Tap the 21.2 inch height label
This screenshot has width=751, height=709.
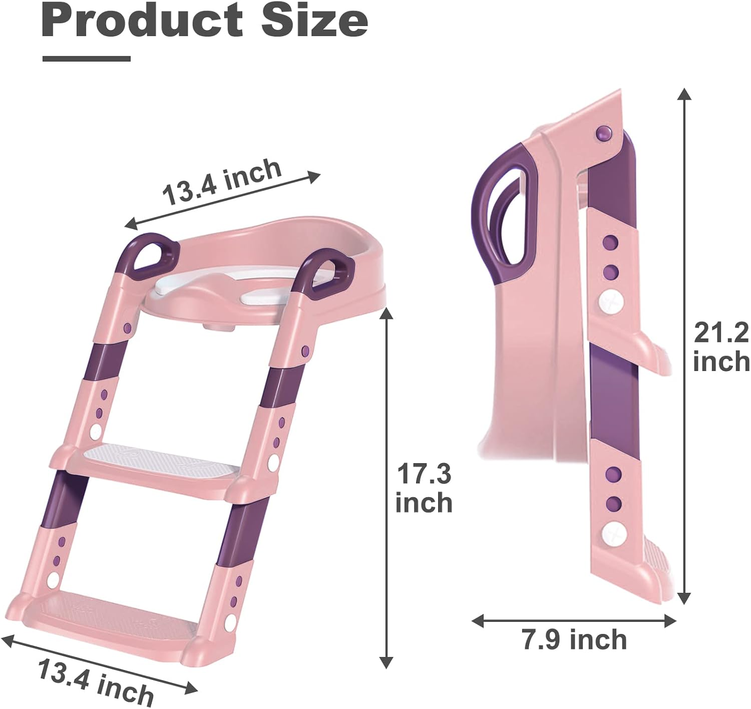pyautogui.click(x=721, y=347)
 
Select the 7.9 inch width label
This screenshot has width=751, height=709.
pyautogui.click(x=574, y=640)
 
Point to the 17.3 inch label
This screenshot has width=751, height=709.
pyautogui.click(x=424, y=489)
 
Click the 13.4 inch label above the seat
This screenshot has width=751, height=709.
pyautogui.click(x=222, y=181)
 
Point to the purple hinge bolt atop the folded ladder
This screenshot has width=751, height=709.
pyautogui.click(x=603, y=134)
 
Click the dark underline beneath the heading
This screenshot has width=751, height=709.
pyautogui.click(x=87, y=59)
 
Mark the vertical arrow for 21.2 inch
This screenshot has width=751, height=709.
pyautogui.click(x=684, y=345)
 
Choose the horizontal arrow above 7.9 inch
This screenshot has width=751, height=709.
pyautogui.click(x=574, y=621)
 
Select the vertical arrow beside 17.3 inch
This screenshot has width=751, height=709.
pyautogui.click(x=386, y=488)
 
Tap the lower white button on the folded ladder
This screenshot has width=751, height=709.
pyautogui.click(x=613, y=535)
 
